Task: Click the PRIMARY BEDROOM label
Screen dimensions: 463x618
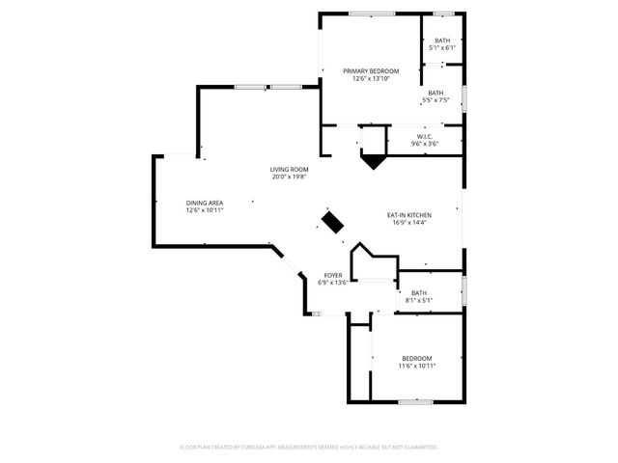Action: click(x=371, y=70)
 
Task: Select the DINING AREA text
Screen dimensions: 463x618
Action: click(x=205, y=202)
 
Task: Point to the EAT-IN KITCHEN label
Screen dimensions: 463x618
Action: click(x=409, y=214)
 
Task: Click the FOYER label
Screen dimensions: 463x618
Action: click(x=332, y=275)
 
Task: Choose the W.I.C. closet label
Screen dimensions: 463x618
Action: click(x=427, y=136)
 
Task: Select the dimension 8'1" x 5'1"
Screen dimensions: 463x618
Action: click(x=418, y=300)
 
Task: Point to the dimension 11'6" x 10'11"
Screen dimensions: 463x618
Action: click(x=417, y=366)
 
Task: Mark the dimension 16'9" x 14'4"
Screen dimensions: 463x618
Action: click(x=409, y=222)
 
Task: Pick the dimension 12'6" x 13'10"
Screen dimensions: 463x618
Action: click(x=371, y=78)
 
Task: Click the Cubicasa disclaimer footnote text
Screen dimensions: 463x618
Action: click(x=309, y=448)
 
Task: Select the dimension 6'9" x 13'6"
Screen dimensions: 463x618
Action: click(x=332, y=283)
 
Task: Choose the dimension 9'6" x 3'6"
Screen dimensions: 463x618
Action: click(x=427, y=144)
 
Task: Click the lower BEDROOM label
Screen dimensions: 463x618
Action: click(x=417, y=358)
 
